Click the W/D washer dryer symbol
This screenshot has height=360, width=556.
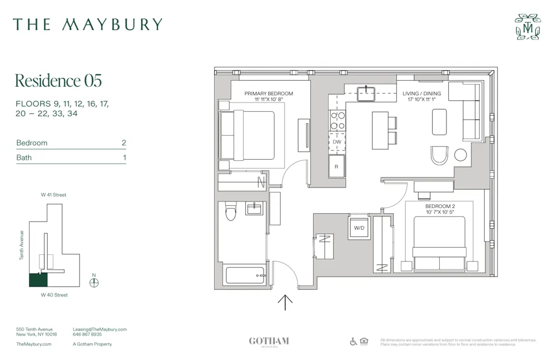pos(359,228)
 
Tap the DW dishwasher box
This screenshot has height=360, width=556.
pos(337,142)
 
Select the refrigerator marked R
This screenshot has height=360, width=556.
pos(337,166)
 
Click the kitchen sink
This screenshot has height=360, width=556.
pos(366,93)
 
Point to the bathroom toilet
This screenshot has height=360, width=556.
pos(231,211)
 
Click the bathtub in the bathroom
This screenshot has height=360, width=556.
pos(245,275)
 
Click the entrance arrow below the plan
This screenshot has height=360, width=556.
pos(285,302)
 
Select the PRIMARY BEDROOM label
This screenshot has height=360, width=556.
pos(269,93)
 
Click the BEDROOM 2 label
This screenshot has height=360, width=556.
pos(436,206)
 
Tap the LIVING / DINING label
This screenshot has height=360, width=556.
pos(421,93)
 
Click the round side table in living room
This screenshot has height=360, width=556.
pos(460,155)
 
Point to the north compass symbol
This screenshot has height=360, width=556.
pos(94,282)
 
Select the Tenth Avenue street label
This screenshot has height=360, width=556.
pos(22,245)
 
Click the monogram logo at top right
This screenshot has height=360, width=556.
pos(527,27)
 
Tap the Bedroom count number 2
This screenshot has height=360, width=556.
pos(124,143)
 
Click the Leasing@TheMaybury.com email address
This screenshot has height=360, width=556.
pos(100,329)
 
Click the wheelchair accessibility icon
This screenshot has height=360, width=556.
pos(354,342)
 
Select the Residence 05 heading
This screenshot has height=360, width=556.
pos(58,81)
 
